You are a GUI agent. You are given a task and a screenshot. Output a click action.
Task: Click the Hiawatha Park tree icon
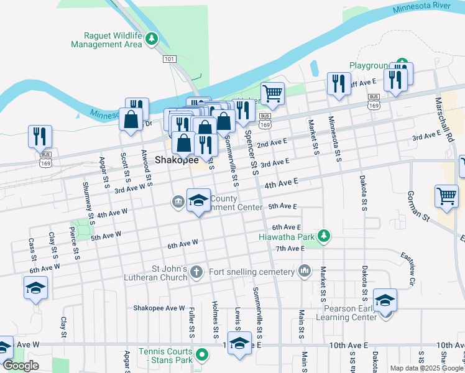[323, 236]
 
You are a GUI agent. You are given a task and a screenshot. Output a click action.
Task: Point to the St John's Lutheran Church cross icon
[196, 271]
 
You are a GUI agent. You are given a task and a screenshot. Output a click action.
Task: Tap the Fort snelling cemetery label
[252, 272]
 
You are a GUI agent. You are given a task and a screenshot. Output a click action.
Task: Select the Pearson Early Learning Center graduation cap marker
[385, 301]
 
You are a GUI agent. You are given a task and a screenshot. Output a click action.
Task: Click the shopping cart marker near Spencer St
[272, 94]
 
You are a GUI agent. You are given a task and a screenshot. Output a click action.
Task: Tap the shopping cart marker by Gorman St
[446, 196]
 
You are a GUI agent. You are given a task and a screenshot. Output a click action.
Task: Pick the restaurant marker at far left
[40, 136]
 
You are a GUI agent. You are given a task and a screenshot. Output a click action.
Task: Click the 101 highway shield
[170, 58]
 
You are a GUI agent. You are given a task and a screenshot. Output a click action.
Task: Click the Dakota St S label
[363, 193]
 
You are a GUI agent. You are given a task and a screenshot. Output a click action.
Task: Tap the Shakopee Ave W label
[159, 308]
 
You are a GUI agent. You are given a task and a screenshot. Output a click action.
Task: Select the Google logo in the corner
[21, 366]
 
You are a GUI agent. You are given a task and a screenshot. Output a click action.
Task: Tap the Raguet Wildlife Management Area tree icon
[151, 40]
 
